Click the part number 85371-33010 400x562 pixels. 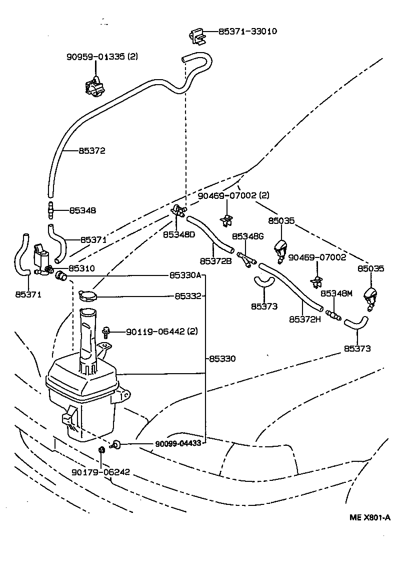point(247,31)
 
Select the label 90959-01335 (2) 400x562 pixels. point(102,57)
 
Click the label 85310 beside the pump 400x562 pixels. point(81,268)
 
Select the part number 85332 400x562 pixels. point(187,297)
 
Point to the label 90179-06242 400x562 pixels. point(100,472)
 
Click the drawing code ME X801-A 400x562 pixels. point(369,517)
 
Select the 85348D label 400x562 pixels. point(179,234)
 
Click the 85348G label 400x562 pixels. point(247,236)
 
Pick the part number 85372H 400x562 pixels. point(304,319)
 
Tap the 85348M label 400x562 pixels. point(336,294)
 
